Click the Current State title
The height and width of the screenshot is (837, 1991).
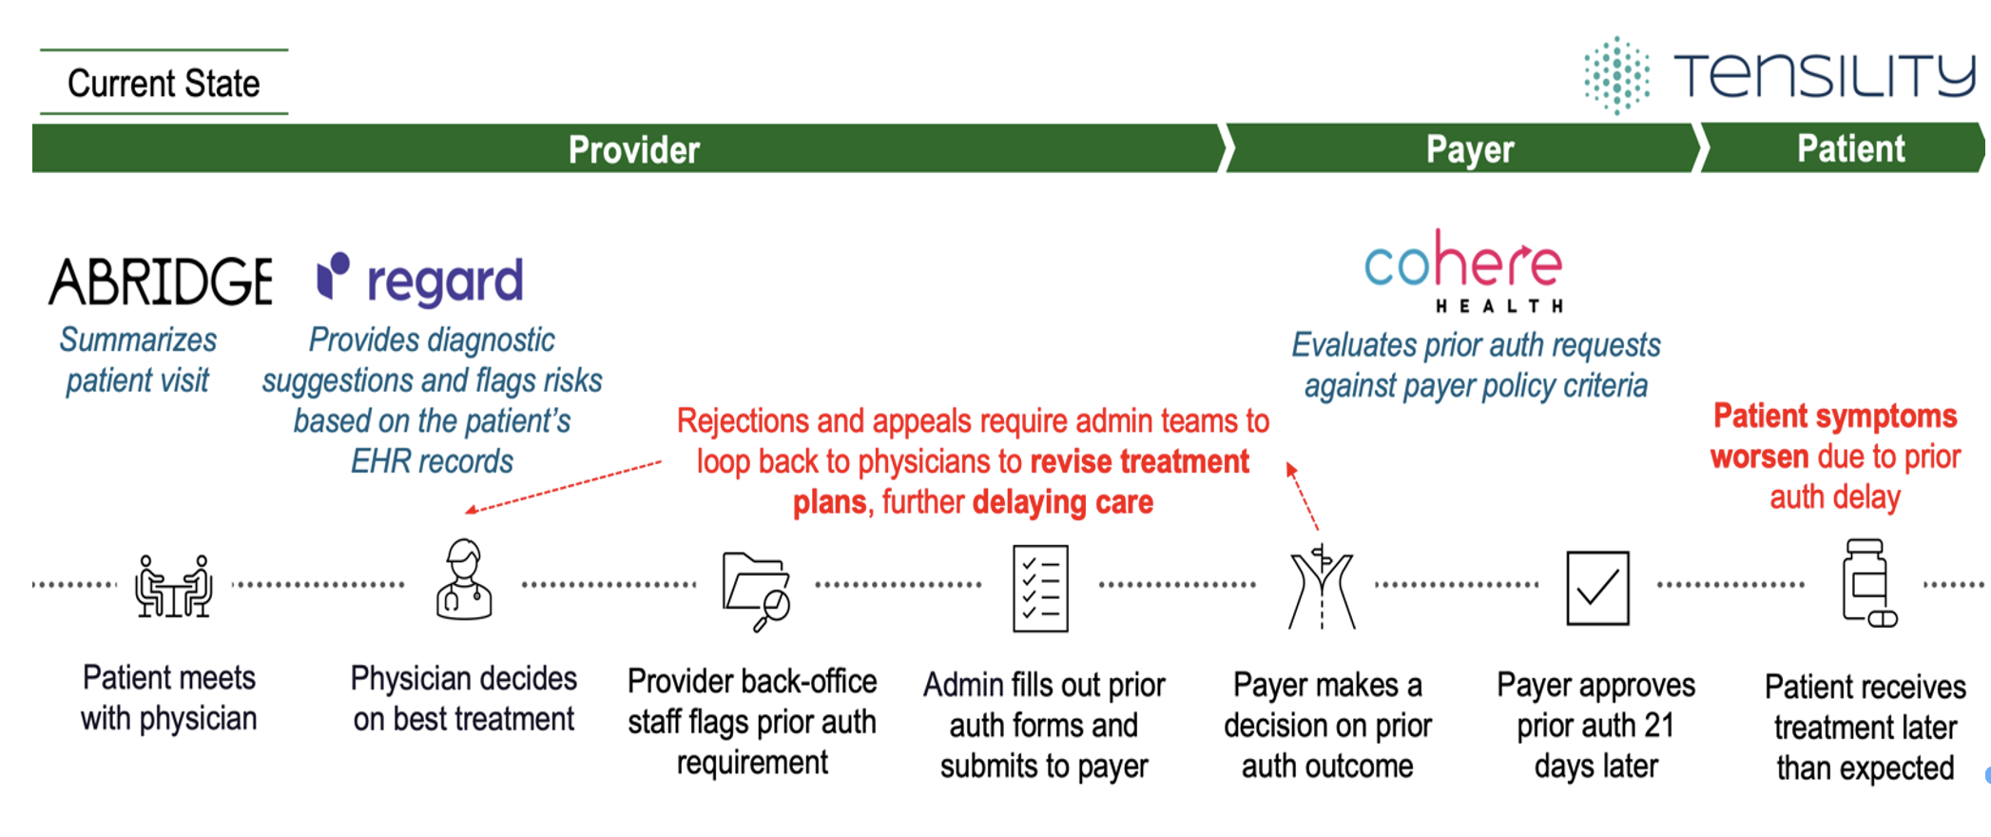pos(164,84)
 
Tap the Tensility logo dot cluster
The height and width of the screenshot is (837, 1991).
pos(1616,75)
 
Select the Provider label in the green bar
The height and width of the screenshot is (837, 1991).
pos(633,149)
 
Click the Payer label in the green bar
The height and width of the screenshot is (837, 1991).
pos(1469,149)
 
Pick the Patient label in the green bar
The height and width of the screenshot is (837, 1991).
pos(1850,148)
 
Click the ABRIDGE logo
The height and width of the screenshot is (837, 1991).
pos(161,282)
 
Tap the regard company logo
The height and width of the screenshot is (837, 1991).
pos(420,280)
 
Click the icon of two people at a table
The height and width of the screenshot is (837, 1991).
pos(173,586)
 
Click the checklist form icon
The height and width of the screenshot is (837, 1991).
pos(1040,588)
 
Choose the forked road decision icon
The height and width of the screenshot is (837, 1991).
pos(1322,588)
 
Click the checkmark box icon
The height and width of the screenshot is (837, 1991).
pos(1597,588)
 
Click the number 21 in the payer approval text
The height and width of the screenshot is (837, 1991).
pos(1658,726)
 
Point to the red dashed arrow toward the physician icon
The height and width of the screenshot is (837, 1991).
pos(563,487)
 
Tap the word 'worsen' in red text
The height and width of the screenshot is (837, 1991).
pos(1759,457)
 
